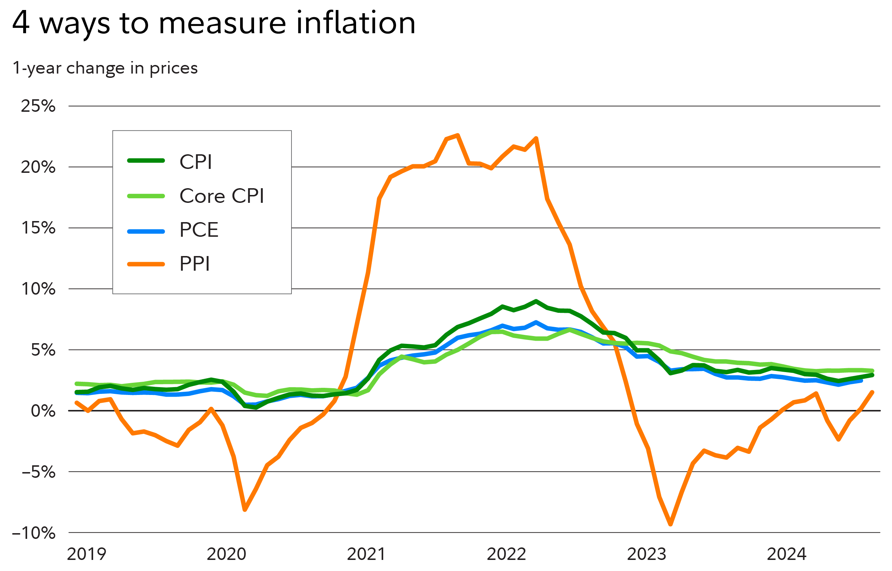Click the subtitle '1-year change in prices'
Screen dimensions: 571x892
pyautogui.click(x=105, y=68)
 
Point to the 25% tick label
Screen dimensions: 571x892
pyautogui.click(x=38, y=106)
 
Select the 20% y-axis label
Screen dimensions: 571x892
pyautogui.click(x=38, y=167)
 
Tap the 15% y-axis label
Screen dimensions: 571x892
pyautogui.click(x=38, y=228)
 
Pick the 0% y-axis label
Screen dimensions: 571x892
pyautogui.click(x=43, y=411)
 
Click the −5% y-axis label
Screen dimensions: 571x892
pyautogui.click(x=38, y=472)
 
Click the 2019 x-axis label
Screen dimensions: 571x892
pyautogui.click(x=86, y=554)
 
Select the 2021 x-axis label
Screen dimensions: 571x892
pyautogui.click(x=366, y=554)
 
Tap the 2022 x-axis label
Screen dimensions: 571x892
pyautogui.click(x=506, y=554)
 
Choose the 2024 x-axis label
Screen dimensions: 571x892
pyautogui.click(x=786, y=554)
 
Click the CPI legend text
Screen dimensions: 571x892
pyautogui.click(x=196, y=162)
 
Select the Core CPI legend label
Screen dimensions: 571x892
pyautogui.click(x=222, y=196)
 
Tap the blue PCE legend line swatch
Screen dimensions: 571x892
pyautogui.click(x=146, y=232)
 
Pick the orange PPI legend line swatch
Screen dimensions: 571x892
pyautogui.click(x=146, y=264)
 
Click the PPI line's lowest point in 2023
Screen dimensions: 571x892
pyautogui.click(x=670, y=524)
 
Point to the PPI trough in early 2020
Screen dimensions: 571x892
pyautogui.click(x=245, y=510)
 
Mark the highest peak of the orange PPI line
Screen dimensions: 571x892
pyautogui.click(x=458, y=135)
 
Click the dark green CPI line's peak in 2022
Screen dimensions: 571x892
pyautogui.click(x=536, y=301)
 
